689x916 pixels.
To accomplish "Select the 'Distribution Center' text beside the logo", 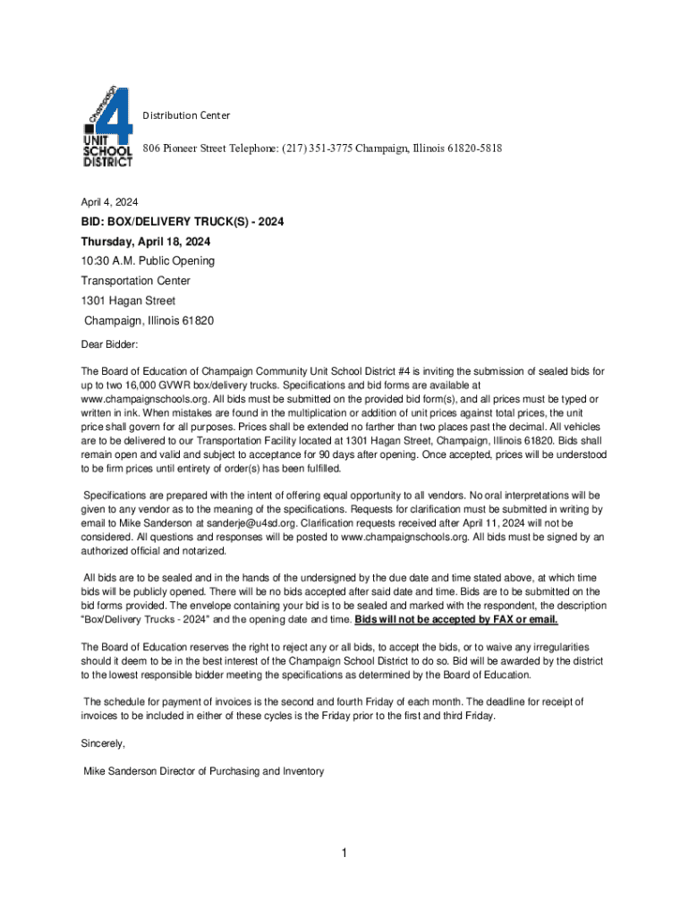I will [186, 115].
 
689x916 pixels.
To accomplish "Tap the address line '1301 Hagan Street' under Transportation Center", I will [128, 301].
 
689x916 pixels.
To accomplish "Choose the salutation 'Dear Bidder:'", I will [110, 343].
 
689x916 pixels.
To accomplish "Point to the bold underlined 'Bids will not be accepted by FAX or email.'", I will [456, 619].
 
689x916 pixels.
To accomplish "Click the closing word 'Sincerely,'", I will [103, 743].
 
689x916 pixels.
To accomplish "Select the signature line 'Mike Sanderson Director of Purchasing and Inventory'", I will [204, 771].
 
